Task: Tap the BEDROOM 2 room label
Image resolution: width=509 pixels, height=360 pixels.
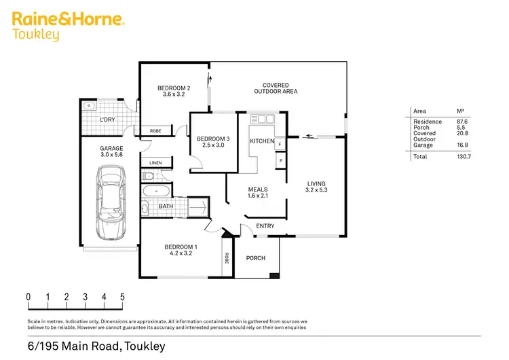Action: point(174,88)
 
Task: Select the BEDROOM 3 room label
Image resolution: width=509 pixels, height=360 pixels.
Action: point(213,139)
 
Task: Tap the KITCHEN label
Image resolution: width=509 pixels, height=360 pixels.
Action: point(261,141)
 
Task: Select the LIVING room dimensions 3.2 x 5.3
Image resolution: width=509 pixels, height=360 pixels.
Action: point(316,190)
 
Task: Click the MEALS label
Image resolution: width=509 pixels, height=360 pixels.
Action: point(258,190)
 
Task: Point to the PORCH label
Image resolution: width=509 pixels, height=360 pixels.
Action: point(256,258)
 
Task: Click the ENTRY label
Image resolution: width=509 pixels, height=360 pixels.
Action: point(265,226)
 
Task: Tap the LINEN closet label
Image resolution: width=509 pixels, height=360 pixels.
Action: point(156,163)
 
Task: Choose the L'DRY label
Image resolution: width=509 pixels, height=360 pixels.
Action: point(107,120)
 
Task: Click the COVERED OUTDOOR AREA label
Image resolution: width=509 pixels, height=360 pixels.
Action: point(276,88)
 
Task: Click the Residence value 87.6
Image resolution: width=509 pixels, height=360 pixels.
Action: point(464,122)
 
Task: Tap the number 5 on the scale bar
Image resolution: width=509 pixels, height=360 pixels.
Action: point(122,297)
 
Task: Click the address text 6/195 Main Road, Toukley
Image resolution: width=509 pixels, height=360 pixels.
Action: point(96,346)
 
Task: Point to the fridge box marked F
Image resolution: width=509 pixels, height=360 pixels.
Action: point(280,144)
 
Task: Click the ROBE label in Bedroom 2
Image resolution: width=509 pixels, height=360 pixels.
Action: point(155,131)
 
